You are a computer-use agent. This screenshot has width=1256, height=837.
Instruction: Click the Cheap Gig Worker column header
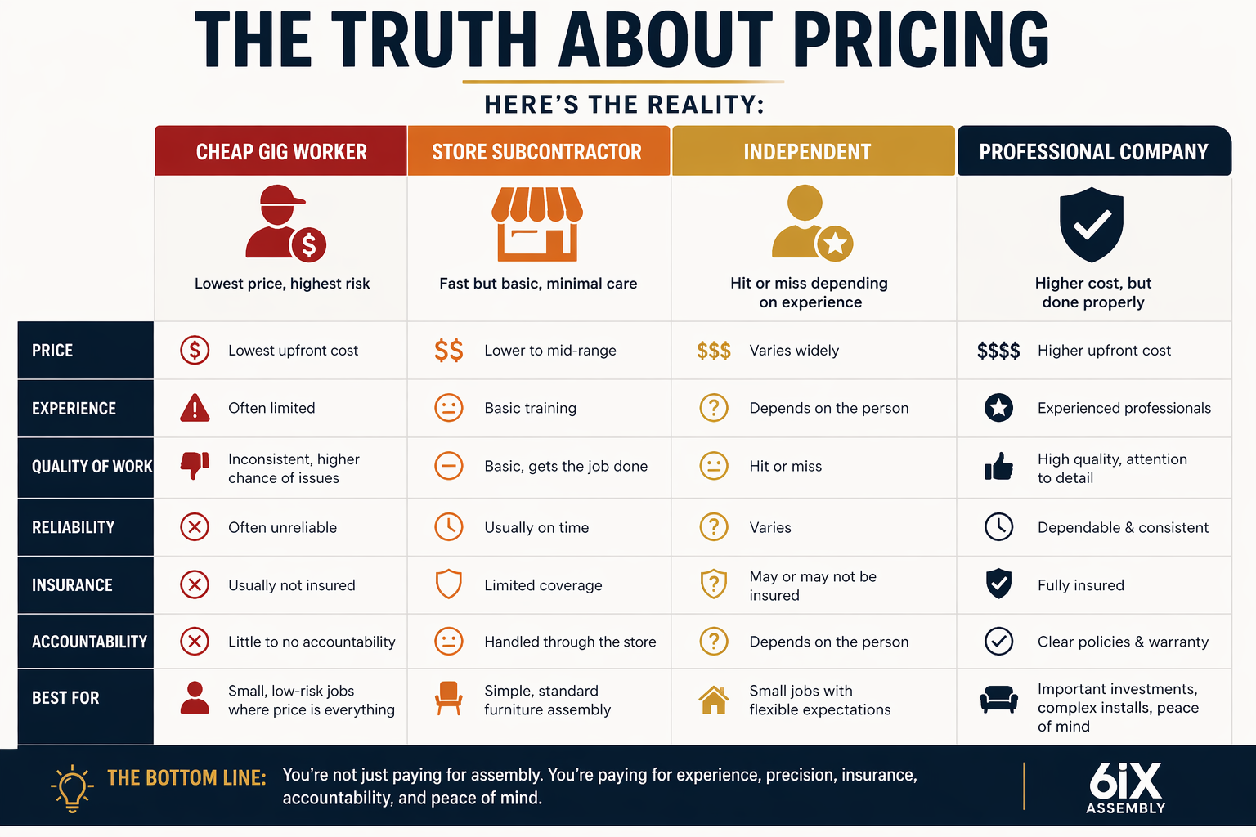tap(281, 152)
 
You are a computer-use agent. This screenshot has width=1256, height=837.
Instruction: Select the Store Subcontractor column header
tap(537, 152)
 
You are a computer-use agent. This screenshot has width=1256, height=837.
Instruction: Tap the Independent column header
tap(807, 152)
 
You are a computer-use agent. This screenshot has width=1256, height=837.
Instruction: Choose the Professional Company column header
tap(1093, 152)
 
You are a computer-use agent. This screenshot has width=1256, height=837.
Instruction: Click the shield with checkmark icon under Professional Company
tap(1092, 225)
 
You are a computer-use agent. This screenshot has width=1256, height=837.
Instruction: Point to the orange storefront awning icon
tap(537, 223)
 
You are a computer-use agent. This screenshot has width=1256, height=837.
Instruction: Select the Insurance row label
tap(73, 585)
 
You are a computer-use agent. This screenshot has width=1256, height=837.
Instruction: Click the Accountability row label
tap(89, 642)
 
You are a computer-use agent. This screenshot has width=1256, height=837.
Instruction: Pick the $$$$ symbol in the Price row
tap(998, 351)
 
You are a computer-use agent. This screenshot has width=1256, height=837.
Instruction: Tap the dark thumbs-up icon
tap(998, 467)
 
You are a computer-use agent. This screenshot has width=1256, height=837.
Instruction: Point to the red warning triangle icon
tap(195, 407)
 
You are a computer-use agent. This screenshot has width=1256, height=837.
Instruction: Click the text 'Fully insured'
tap(1080, 585)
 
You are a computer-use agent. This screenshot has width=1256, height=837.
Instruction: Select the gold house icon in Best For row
tap(714, 700)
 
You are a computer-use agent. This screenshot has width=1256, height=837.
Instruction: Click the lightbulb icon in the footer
tap(72, 788)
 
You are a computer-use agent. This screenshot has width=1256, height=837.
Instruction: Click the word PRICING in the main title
tap(921, 40)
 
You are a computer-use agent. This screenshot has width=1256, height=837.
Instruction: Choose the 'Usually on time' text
tap(536, 528)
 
